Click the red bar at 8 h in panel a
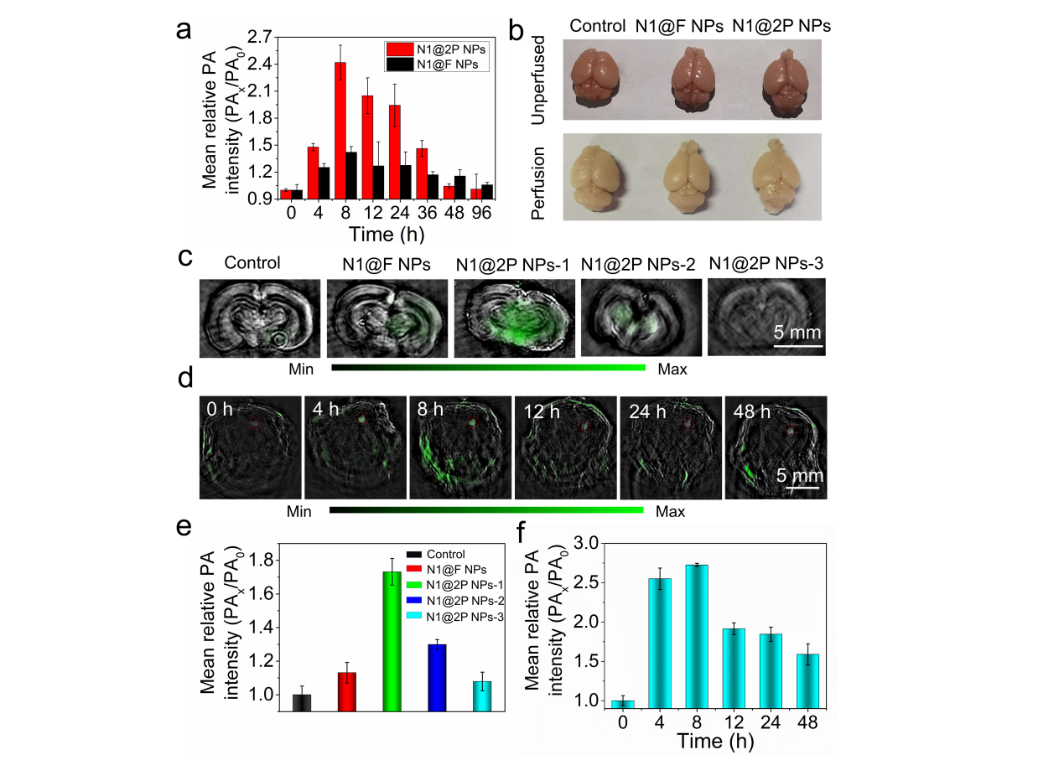[340, 130]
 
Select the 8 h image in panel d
[459, 447]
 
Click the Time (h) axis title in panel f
[712, 742]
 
